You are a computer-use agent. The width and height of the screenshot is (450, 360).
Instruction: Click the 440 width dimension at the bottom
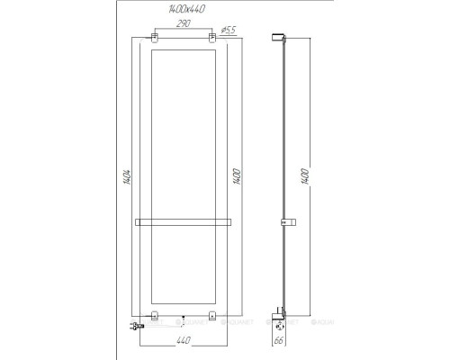(x=184, y=341)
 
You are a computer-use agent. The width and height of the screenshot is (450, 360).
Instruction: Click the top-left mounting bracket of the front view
(x=155, y=38)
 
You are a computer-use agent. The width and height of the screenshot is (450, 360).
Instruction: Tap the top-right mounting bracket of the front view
(x=213, y=38)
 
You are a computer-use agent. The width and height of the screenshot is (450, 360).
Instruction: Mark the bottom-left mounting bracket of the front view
(x=155, y=315)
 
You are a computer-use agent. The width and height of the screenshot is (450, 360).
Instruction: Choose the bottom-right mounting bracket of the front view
(x=213, y=315)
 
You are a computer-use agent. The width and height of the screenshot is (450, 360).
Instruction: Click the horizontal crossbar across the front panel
(x=184, y=220)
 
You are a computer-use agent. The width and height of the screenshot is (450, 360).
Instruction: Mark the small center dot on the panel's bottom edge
(x=184, y=318)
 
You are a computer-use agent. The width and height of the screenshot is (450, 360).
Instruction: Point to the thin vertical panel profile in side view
(x=286, y=135)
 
